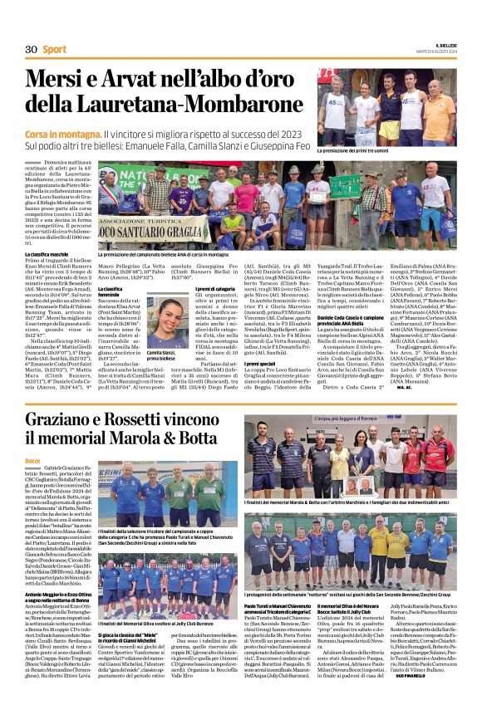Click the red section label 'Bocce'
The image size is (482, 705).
[32, 460]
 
